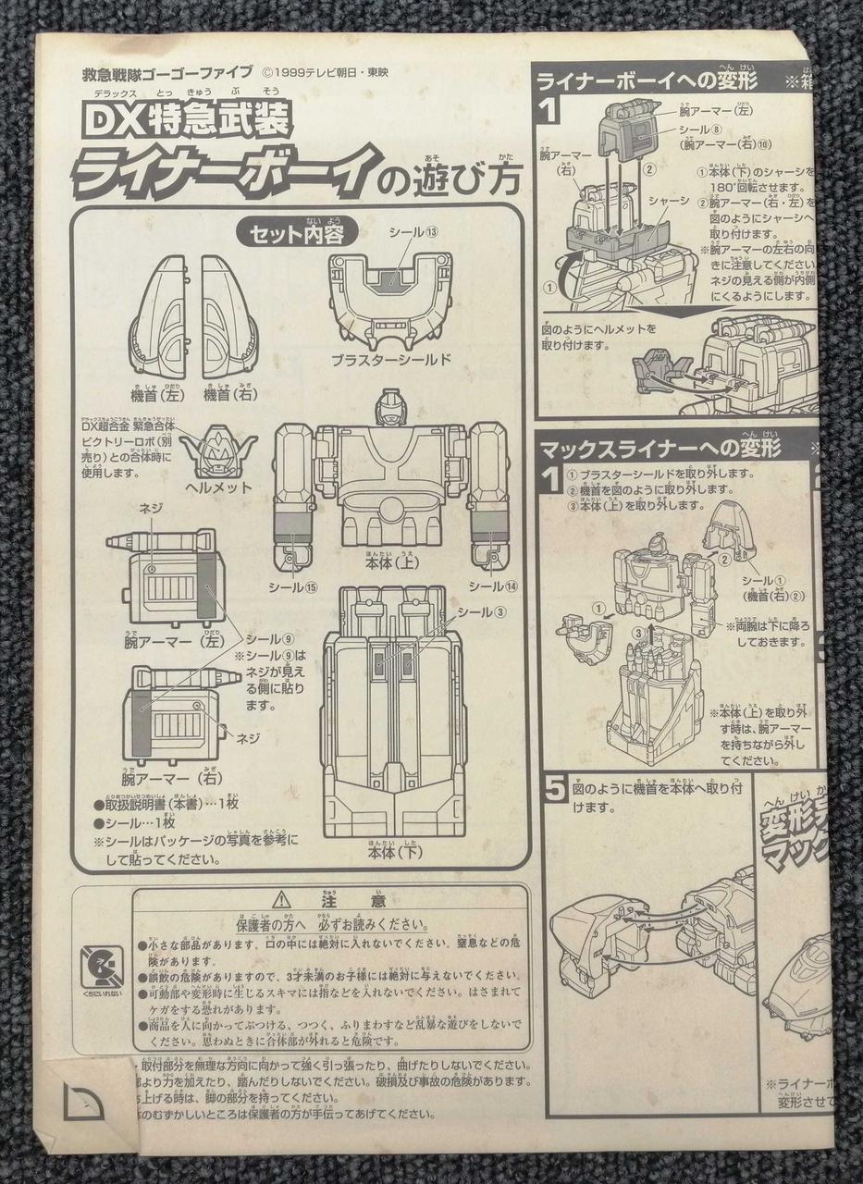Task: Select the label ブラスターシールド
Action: click(x=393, y=359)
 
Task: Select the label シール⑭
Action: click(x=487, y=586)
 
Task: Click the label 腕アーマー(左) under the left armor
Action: click(x=162, y=640)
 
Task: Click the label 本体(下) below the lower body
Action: click(x=392, y=852)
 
